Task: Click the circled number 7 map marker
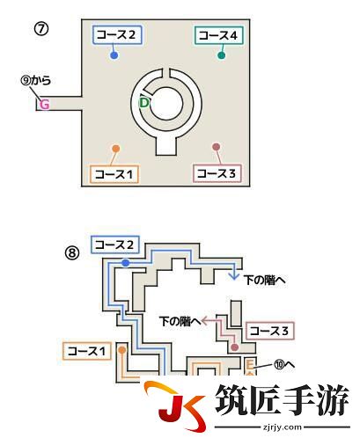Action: [x=41, y=29]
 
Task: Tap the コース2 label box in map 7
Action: [x=117, y=35]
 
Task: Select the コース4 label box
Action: [x=219, y=35]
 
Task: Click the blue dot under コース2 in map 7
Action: [x=114, y=55]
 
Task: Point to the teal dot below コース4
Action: [x=222, y=55]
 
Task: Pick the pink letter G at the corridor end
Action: [x=44, y=105]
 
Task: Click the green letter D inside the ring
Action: [x=144, y=103]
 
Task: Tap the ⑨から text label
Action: [x=36, y=80]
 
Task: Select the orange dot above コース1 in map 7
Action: [x=116, y=149]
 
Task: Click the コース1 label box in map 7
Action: [x=114, y=174]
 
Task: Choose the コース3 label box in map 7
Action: [x=217, y=173]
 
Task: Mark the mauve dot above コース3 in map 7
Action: [x=216, y=147]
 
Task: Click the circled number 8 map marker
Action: [x=72, y=252]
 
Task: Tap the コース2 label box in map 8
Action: [x=115, y=245]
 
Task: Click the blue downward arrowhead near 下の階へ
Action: [x=234, y=276]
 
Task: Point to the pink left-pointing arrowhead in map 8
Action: [x=205, y=321]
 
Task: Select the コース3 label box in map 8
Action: [x=270, y=331]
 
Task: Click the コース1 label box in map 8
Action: [x=87, y=351]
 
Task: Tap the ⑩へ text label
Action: [x=284, y=365]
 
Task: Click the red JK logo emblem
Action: [x=175, y=406]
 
